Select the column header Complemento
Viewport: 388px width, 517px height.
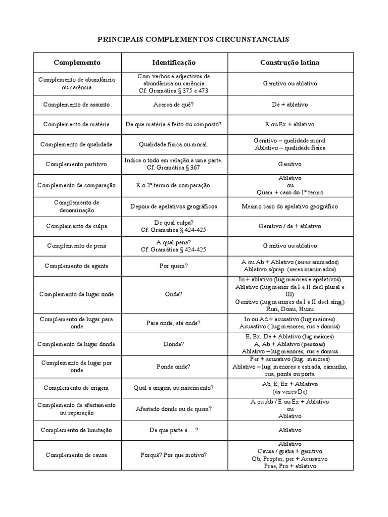[77, 63]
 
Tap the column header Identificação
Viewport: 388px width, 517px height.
[174, 63]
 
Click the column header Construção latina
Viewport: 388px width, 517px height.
[289, 63]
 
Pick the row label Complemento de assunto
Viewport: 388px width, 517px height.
[76, 105]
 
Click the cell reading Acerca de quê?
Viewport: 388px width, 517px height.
[173, 105]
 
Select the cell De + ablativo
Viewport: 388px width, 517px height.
[289, 105]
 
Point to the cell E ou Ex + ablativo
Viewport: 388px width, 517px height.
[289, 124]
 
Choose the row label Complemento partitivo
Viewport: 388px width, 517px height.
[76, 164]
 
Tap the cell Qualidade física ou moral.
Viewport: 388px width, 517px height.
[173, 144]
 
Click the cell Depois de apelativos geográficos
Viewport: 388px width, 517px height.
[173, 206]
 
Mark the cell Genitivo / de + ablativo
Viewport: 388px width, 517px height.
[289, 226]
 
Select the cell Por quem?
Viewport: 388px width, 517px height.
[173, 266]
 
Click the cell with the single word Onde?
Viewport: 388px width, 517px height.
[173, 294]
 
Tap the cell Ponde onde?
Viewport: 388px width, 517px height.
[173, 367]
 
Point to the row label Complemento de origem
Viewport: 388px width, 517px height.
[76, 388]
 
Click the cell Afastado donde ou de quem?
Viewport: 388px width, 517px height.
[173, 409]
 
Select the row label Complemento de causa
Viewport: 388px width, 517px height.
[76, 455]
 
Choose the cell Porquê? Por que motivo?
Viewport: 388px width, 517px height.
[173, 455]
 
